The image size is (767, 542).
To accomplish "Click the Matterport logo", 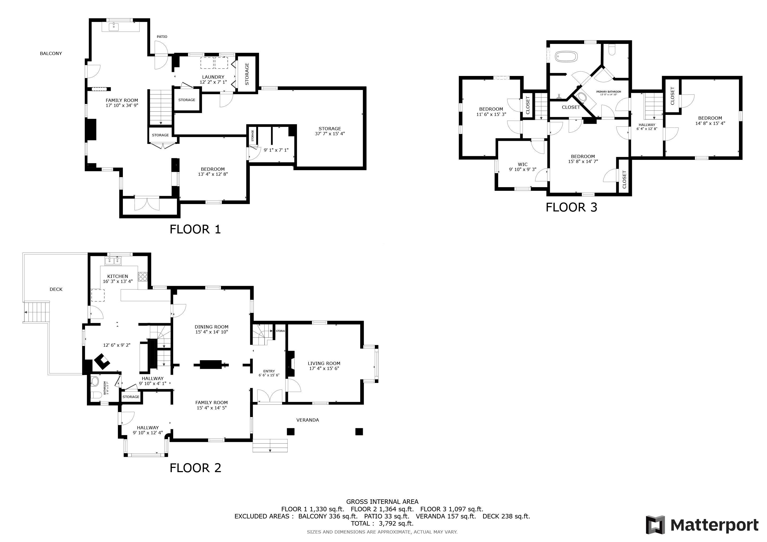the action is (x=702, y=525).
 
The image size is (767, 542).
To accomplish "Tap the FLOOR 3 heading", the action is (x=571, y=207).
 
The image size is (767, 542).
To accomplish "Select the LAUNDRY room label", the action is (x=213, y=77).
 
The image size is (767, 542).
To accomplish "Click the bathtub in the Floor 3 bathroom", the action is (x=566, y=57).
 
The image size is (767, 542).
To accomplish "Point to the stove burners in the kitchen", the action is (x=143, y=277).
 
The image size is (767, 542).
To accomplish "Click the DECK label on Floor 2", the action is (x=56, y=289).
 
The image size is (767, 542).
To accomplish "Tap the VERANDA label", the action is (x=308, y=420).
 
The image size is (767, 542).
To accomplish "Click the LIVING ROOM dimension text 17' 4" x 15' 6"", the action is (x=324, y=368).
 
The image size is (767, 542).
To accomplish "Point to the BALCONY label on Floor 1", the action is (x=51, y=53).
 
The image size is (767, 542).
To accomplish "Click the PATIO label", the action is (x=162, y=37).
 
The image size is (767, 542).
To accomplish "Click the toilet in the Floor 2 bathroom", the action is (x=96, y=395).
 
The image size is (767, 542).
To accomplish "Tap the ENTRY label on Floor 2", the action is (x=269, y=371).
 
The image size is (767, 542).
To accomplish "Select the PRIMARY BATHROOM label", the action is (x=609, y=92).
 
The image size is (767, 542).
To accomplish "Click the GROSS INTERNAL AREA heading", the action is (x=382, y=502).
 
